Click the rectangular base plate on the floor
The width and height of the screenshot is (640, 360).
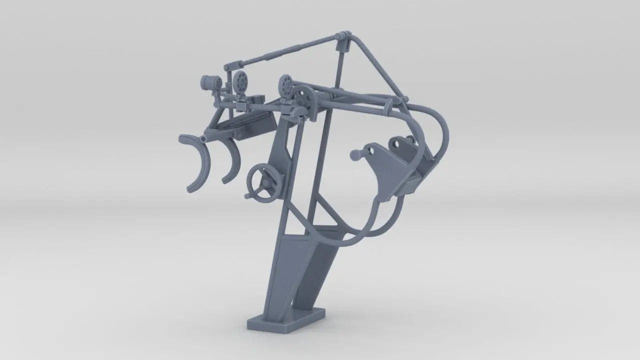point(285,322)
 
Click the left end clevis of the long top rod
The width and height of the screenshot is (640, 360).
point(231,65)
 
